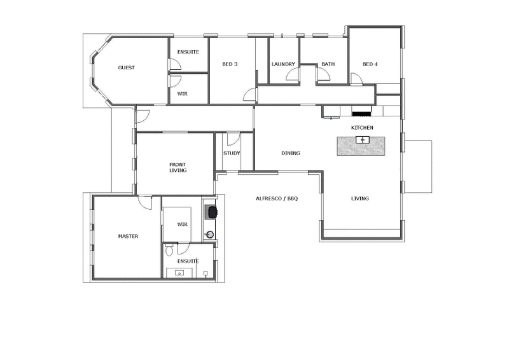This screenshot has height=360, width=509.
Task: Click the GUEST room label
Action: coord(126,67)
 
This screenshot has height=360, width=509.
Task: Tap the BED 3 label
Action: coord(230,64)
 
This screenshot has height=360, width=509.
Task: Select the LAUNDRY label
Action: coord(282,64)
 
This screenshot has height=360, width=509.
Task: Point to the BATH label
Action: coord(328,64)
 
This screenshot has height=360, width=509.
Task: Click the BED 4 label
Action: coord(370,64)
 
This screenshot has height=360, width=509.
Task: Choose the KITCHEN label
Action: coord(362,128)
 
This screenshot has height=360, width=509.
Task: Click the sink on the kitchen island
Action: coord(363,139)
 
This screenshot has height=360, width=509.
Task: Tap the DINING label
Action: coord(291,153)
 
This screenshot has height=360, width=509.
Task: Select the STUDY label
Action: coord(231,153)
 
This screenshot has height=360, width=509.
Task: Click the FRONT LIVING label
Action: coord(178,167)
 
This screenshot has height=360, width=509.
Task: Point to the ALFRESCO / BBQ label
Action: coord(277,198)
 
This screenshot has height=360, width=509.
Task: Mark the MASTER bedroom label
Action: coord(128,236)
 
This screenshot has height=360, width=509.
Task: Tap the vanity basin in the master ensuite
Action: coord(179,273)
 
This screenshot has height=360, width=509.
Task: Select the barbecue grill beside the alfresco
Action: coord(210,211)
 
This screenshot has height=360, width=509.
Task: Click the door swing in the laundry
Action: coord(293,74)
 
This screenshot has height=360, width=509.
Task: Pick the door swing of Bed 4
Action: coord(357,78)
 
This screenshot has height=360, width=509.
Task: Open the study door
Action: coord(233,139)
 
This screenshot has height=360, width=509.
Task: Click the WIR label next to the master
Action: coord(183,225)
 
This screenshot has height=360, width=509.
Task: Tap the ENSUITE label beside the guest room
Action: coord(188,52)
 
